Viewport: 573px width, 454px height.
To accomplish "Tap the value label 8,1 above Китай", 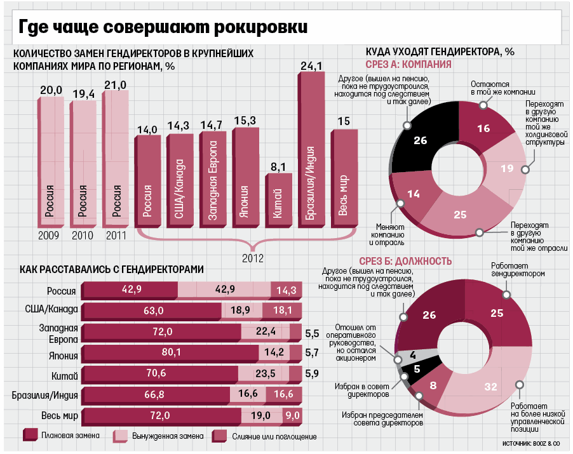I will point(278,167).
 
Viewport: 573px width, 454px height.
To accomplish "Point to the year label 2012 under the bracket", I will point(253,258).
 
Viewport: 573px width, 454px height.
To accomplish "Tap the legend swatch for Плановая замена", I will point(29,435).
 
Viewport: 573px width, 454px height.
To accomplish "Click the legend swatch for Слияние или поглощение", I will point(219,435).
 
